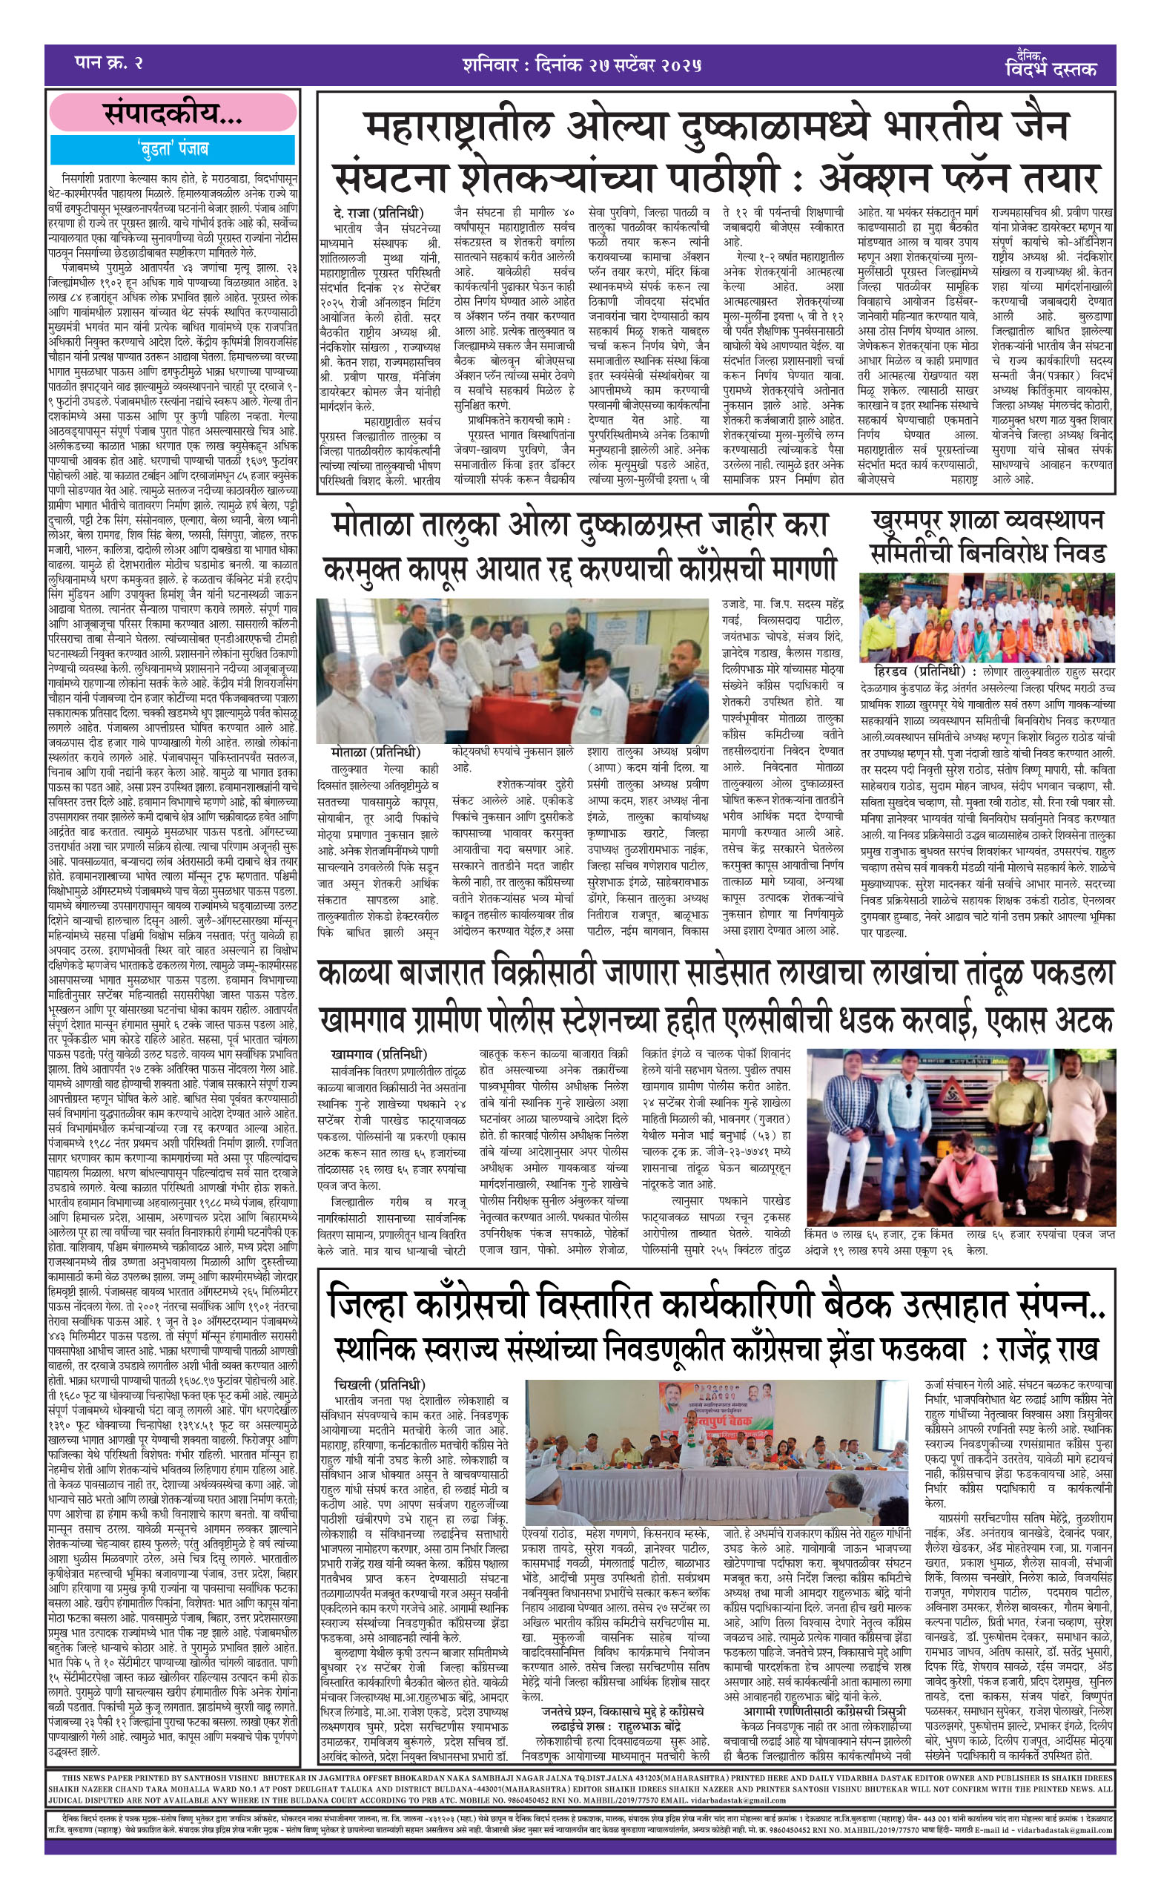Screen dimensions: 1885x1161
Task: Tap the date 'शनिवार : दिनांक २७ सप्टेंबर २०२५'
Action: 581,64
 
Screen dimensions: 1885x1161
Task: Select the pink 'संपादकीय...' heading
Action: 173,114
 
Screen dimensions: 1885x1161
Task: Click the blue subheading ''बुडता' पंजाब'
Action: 173,148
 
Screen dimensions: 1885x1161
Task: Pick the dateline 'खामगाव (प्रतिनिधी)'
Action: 379,1054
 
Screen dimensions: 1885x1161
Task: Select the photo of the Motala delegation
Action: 512,670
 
